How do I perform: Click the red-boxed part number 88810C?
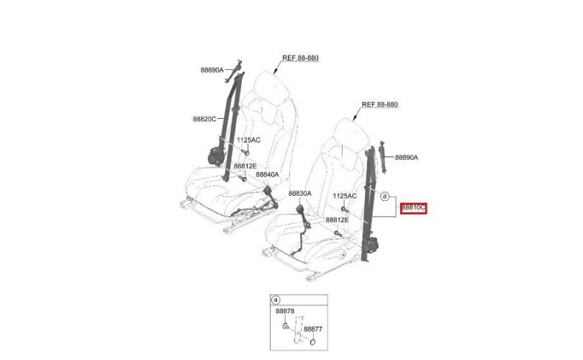coord(413,209)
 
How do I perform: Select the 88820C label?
coord(204,119)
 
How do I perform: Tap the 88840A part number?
coord(267,174)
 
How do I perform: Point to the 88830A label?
coord(300,194)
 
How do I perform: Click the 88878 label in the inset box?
coord(285,311)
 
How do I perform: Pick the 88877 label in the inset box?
coord(313,329)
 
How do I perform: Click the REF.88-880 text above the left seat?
coord(300,58)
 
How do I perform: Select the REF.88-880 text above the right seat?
coord(380,104)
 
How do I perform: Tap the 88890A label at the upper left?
coord(212,70)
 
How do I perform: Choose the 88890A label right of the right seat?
coord(407,158)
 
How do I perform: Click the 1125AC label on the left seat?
coord(249,140)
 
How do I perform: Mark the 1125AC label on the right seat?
coord(345,196)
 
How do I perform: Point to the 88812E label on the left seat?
coord(245,166)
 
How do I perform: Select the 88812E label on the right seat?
coord(338,220)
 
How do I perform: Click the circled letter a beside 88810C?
coord(384,196)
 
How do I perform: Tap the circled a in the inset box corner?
coord(276,300)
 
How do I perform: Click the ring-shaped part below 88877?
coord(313,341)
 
